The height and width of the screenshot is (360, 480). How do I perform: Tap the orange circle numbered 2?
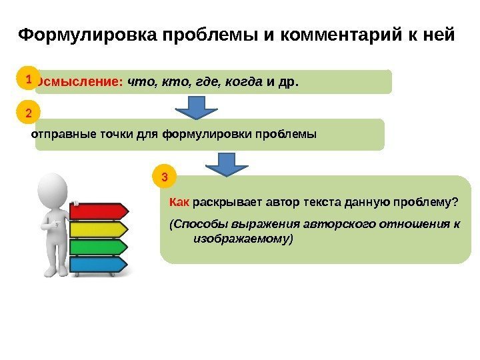(x=28, y=113)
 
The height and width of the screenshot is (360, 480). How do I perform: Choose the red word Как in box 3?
(x=180, y=202)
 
